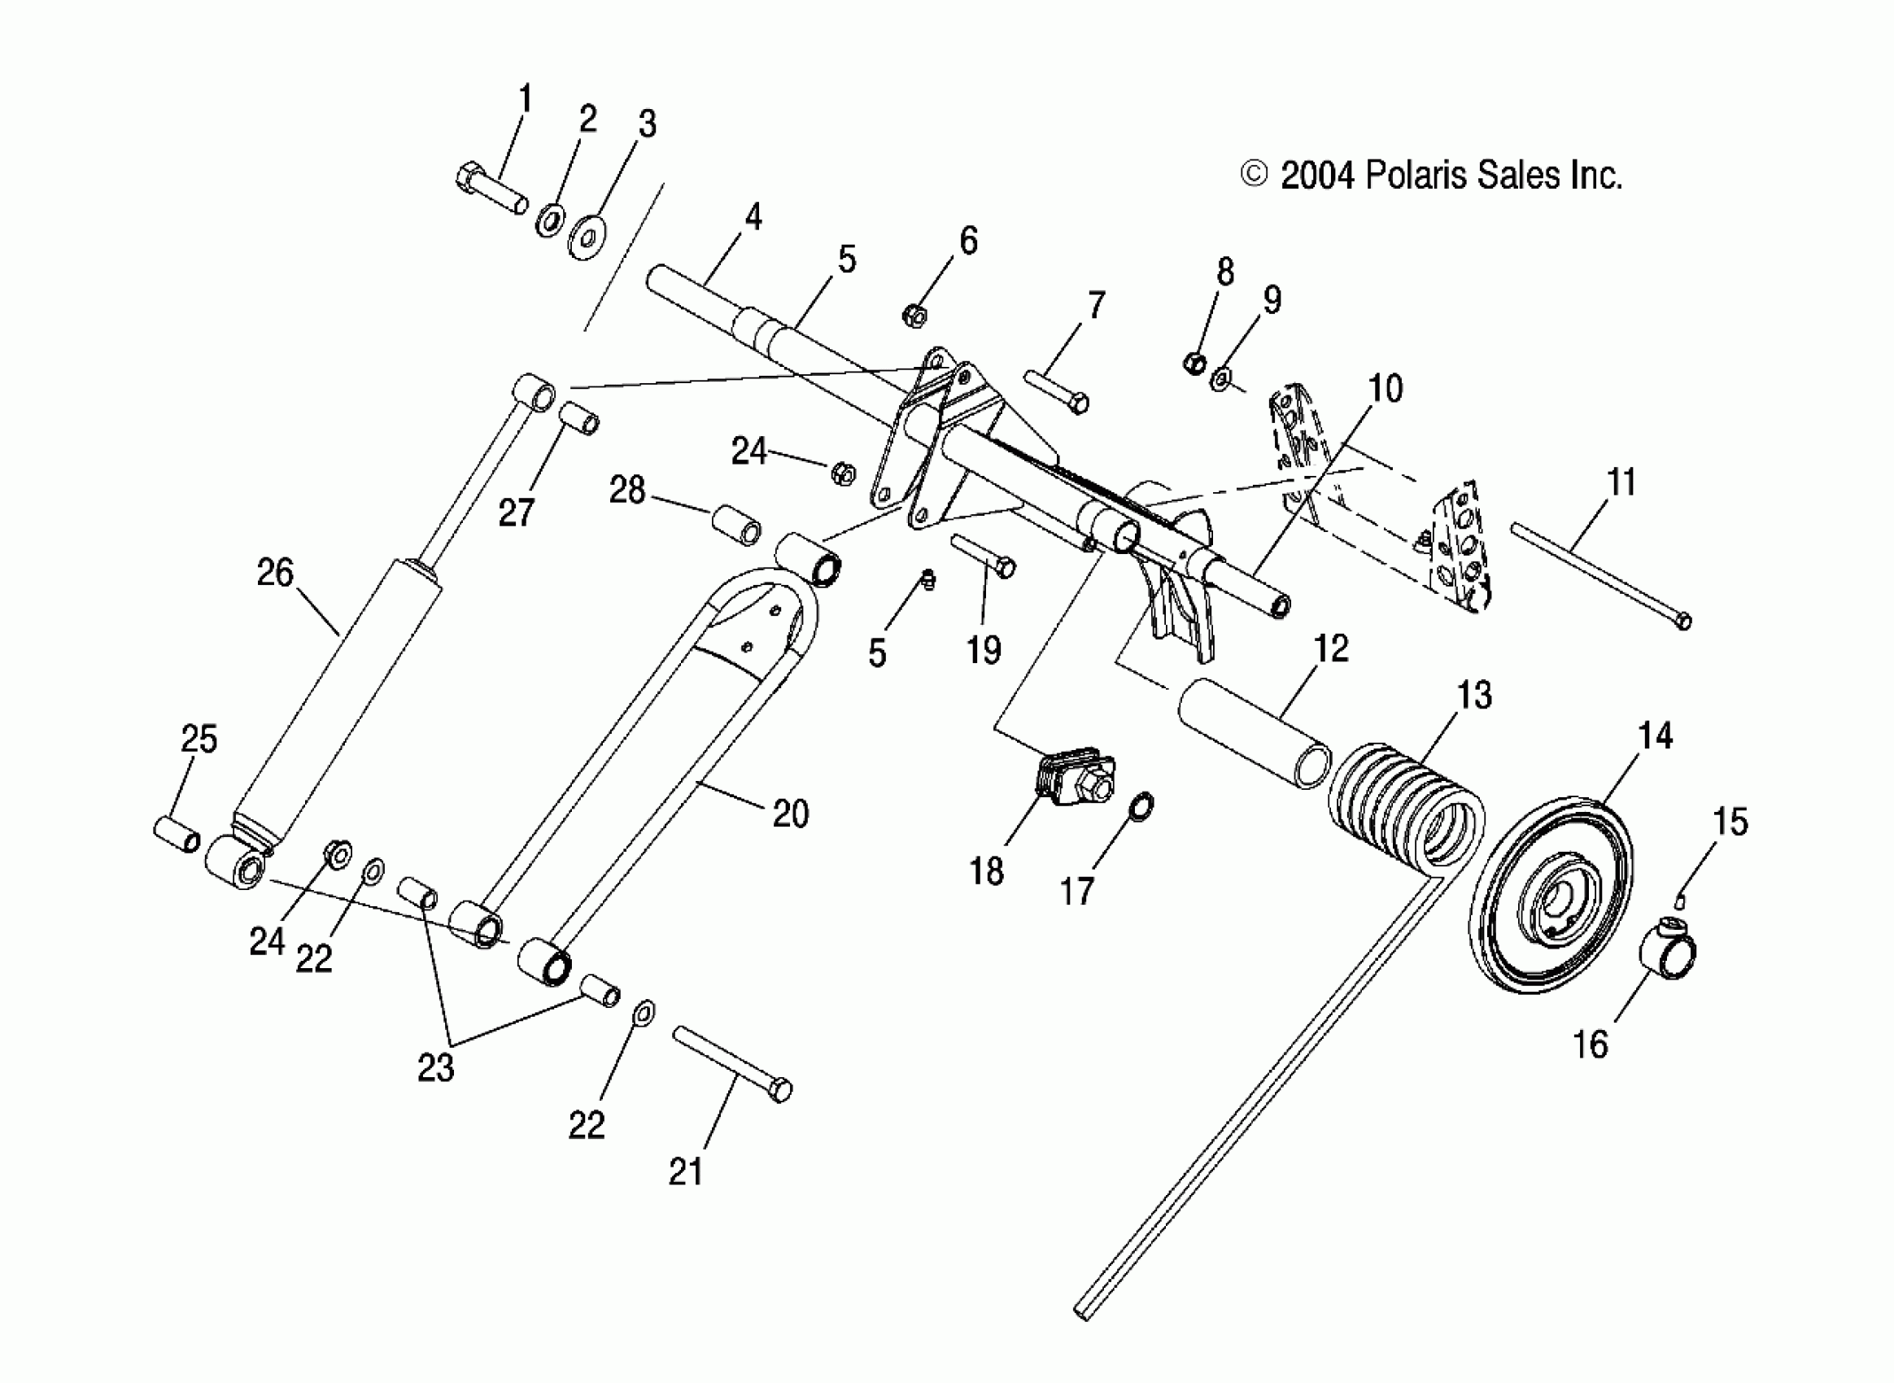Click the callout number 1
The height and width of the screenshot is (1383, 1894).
(525, 98)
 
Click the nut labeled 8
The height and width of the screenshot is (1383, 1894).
(1195, 364)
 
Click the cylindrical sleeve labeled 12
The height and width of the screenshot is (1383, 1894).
(1254, 735)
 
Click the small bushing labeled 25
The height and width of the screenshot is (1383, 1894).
(177, 834)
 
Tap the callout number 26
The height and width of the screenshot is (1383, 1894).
(275, 574)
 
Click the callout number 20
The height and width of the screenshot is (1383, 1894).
(790, 813)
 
